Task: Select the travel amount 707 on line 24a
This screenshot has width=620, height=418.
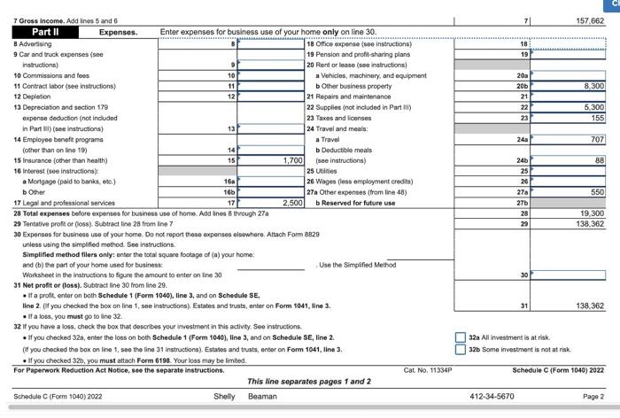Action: click(596, 139)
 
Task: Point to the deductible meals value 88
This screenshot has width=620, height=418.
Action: click(599, 160)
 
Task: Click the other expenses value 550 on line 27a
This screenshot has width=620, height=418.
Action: click(596, 191)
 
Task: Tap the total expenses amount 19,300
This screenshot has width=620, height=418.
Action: click(591, 213)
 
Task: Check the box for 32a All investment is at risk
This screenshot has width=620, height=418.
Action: click(461, 337)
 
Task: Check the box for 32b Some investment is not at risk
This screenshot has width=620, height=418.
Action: click(461, 349)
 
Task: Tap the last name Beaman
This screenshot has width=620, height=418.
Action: click(262, 396)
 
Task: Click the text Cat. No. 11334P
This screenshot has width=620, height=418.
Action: click(427, 369)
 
